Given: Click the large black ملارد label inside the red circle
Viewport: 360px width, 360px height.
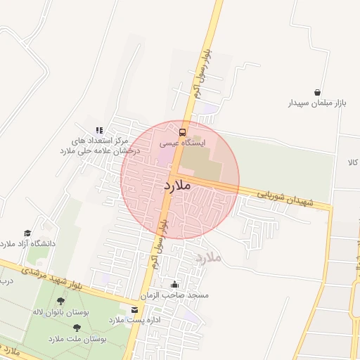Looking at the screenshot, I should (177, 186).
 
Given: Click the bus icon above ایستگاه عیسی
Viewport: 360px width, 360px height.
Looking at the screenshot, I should (183, 131).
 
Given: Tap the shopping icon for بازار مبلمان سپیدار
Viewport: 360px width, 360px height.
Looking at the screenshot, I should (318, 92).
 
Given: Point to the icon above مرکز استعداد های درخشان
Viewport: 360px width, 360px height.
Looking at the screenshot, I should (100, 130).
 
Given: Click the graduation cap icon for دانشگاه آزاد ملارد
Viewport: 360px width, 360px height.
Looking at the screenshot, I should (27, 233).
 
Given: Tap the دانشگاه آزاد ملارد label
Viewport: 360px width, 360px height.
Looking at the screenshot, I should (27, 244).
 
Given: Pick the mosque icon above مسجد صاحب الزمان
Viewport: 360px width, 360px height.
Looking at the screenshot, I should (174, 285).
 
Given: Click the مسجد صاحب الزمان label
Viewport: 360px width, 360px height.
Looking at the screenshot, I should (179, 296).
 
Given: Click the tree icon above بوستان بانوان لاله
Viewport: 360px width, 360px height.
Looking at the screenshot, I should (60, 300).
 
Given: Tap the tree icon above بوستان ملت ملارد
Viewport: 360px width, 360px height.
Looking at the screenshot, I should (77, 328).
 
